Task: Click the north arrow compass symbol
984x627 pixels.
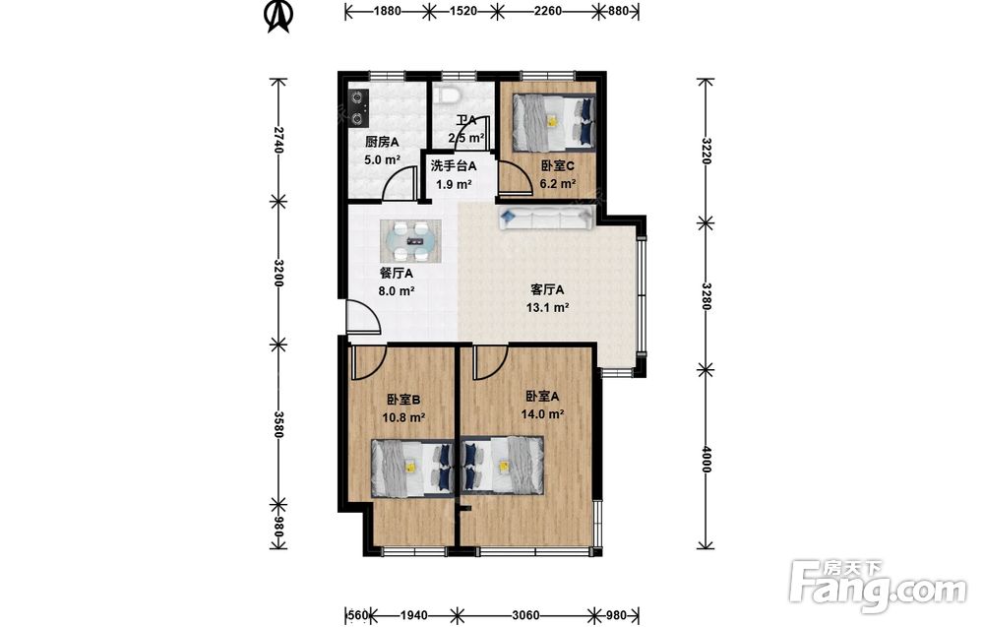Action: click(278, 16)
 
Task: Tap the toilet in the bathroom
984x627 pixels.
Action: click(450, 94)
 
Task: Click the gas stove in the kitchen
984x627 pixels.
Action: click(358, 107)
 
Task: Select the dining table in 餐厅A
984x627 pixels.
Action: click(410, 240)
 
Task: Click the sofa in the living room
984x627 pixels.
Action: click(546, 218)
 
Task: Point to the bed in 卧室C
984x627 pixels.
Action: click(553, 122)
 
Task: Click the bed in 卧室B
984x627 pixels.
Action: click(411, 468)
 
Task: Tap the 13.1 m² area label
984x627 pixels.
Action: click(547, 307)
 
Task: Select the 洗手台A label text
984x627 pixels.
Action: click(453, 166)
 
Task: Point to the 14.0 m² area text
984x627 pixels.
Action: click(542, 414)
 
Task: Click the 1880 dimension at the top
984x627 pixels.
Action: click(387, 11)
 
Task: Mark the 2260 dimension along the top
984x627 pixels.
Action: click(546, 11)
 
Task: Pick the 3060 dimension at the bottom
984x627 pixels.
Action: click(525, 615)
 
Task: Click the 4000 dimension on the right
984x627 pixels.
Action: click(706, 459)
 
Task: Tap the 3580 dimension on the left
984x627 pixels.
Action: click(279, 425)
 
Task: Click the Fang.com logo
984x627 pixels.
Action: click(878, 587)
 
